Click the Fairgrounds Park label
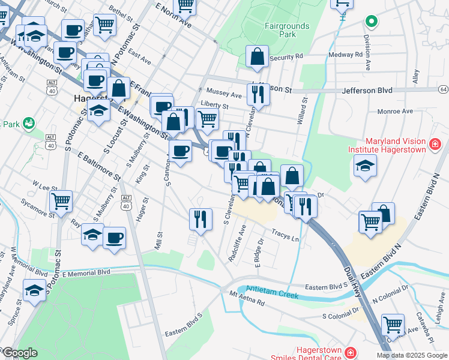coord(287,30)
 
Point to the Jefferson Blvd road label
coord(367,90)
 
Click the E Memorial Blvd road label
coord(86,272)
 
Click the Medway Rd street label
coord(346,54)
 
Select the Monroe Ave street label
coord(395,111)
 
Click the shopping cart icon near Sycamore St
coord(61,201)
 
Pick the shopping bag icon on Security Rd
coord(257,56)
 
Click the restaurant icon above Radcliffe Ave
coord(200,218)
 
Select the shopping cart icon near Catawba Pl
coord(392,325)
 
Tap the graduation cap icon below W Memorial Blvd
coord(35,290)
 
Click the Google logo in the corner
coord(20,353)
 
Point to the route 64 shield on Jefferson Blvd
coord(443,89)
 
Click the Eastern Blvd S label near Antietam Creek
coord(326,287)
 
